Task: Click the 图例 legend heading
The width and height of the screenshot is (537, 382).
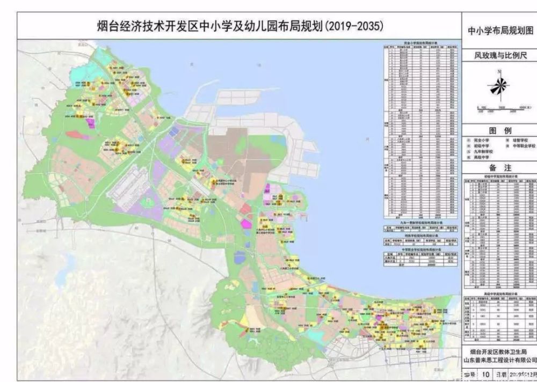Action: click(500, 130)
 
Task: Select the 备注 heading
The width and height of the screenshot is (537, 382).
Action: click(500, 168)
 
